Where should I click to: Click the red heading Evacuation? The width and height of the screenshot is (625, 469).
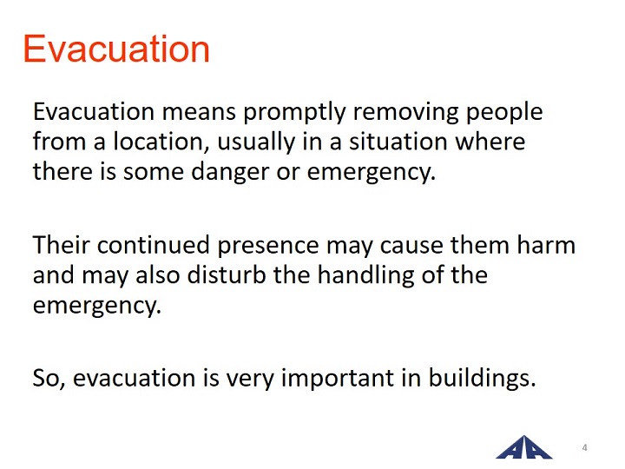116,49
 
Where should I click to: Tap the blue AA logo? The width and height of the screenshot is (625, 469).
523,447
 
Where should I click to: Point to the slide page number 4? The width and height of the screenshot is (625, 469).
584,447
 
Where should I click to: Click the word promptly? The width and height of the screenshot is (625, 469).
294,113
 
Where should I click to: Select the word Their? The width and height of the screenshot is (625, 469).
61,244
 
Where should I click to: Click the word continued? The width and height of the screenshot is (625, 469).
154,244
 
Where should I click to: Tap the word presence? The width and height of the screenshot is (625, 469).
268,246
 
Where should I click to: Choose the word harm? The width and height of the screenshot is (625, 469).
546,244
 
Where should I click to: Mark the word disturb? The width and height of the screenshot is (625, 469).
227,274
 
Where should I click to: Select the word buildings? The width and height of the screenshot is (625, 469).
483,379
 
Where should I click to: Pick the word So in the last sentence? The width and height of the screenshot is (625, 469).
49,379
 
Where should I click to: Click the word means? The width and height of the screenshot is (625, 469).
199,113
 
